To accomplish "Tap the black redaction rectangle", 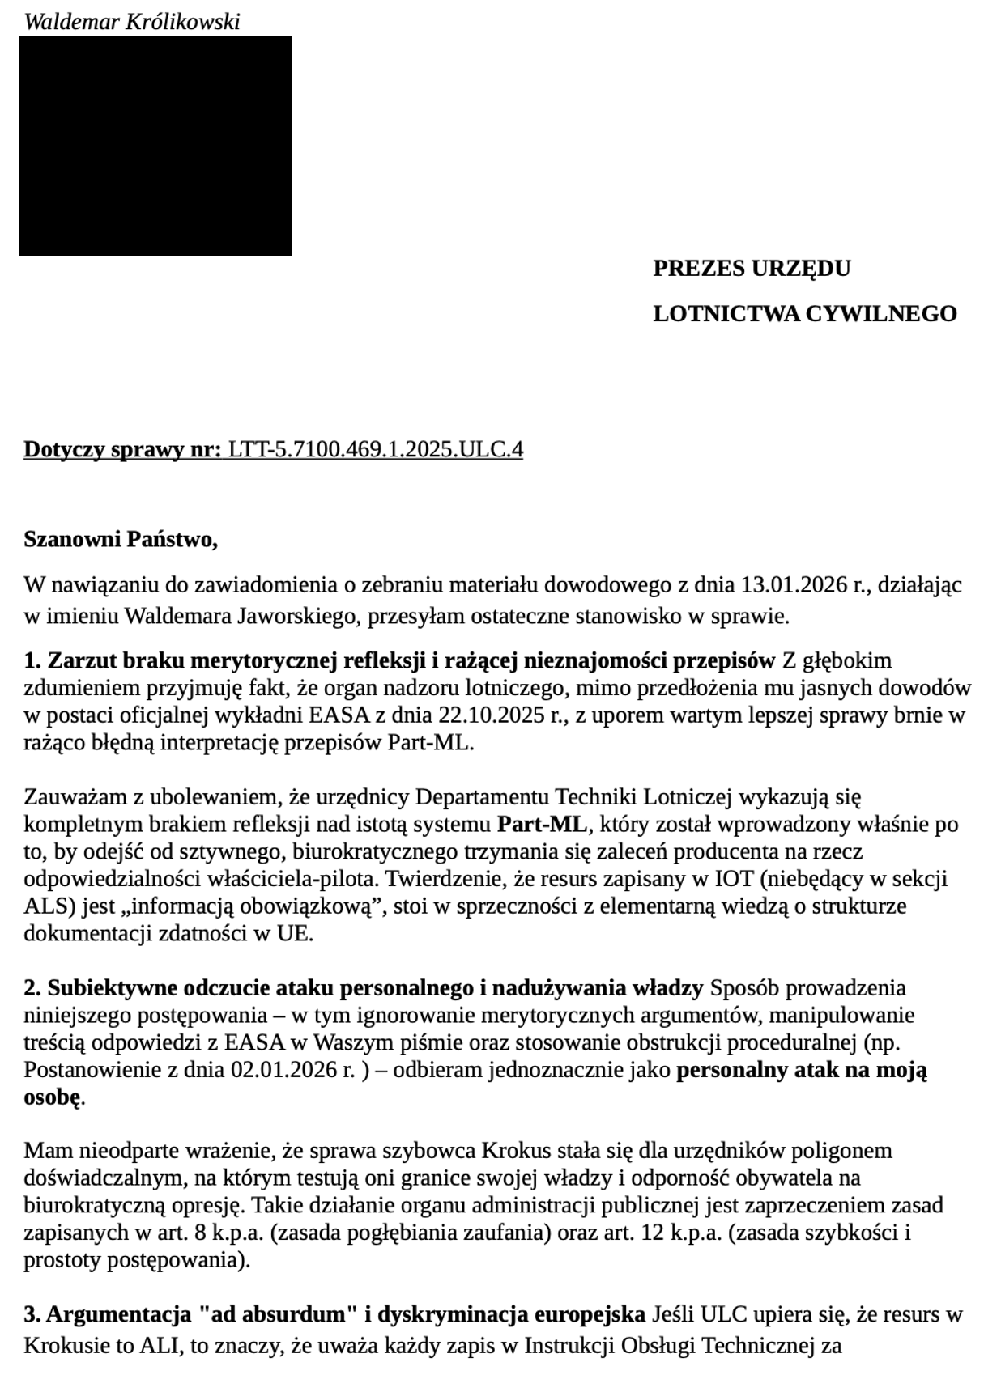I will click(155, 146).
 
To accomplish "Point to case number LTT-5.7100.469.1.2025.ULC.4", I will click(376, 449).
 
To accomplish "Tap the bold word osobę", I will click(53, 1098).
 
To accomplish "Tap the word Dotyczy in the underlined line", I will click(62, 449).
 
